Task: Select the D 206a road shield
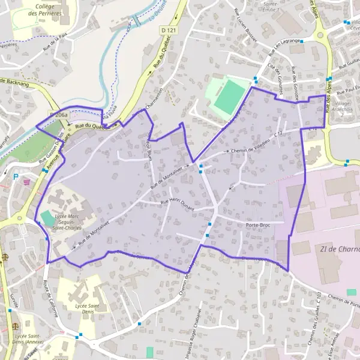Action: (x=59, y=114)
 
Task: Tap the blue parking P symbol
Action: (x=16, y=177)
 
